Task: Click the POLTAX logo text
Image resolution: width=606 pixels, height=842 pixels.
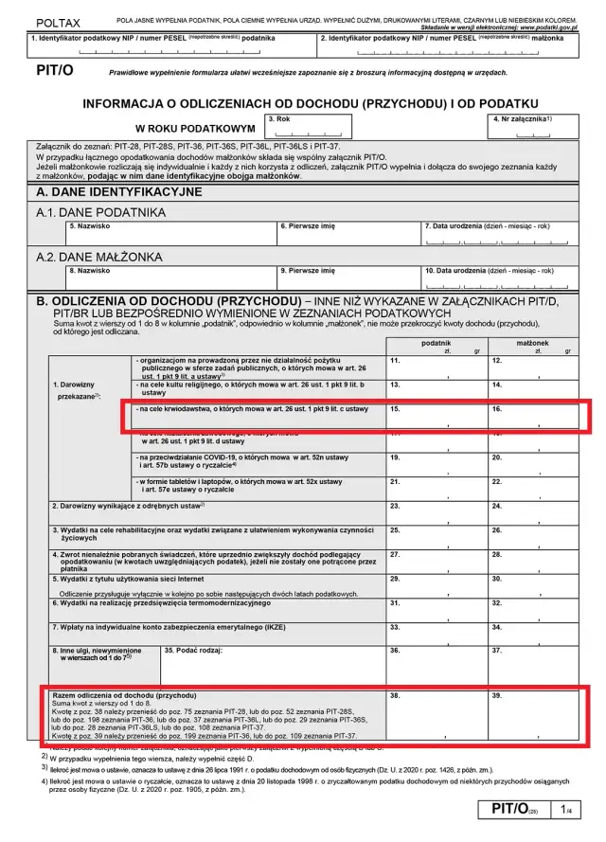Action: (x=59, y=21)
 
